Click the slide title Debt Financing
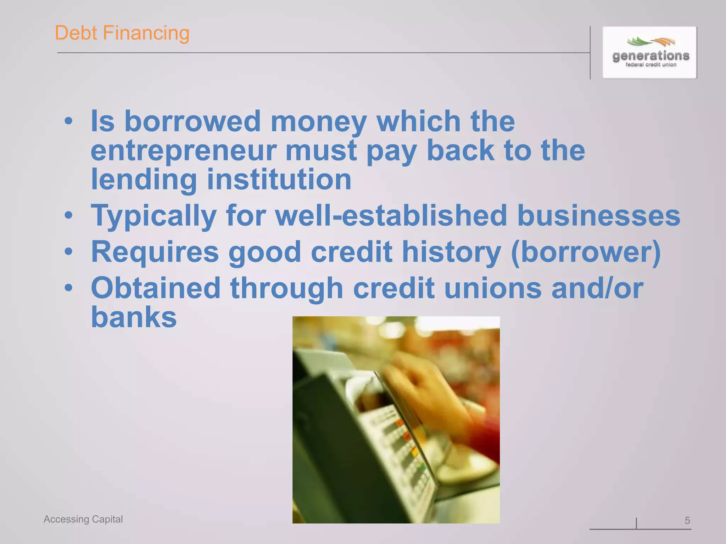coord(122,33)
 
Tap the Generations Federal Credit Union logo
coord(650,52)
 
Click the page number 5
coord(687,520)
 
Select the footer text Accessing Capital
coord(83,519)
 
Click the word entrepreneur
coord(183,151)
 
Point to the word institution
coord(279,179)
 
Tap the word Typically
coord(153,215)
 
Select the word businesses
coord(598,215)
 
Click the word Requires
coord(155,251)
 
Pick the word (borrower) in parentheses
coord(586,251)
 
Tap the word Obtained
coord(156,288)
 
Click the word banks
coord(134,317)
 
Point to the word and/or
coord(597,288)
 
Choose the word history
coord(451,251)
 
